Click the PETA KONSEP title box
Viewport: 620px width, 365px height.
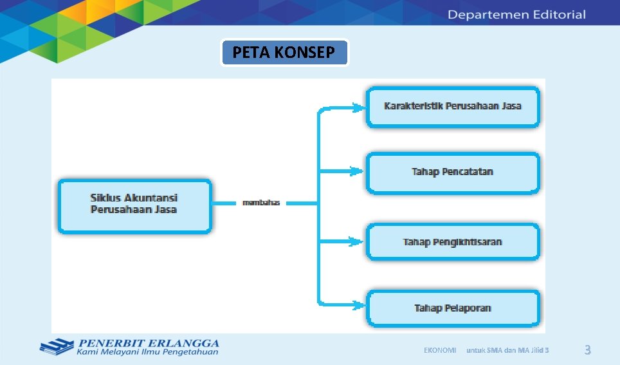(284, 53)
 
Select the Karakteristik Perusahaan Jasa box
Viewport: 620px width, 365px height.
(453, 106)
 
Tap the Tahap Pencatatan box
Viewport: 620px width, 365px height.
(453, 173)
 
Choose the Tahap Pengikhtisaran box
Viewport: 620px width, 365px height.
(453, 242)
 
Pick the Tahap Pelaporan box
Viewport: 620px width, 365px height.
(453, 308)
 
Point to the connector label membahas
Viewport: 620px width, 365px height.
(261, 203)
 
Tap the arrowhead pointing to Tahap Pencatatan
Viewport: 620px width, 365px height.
(356, 172)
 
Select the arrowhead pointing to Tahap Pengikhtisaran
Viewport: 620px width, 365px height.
(356, 242)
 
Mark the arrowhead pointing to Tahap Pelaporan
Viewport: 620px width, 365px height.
(356, 303)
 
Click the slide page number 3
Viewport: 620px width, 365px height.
(587, 350)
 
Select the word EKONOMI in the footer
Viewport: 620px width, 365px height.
(440, 350)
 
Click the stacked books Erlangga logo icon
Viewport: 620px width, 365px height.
(57, 347)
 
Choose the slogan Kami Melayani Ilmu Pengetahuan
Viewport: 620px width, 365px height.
(147, 352)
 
